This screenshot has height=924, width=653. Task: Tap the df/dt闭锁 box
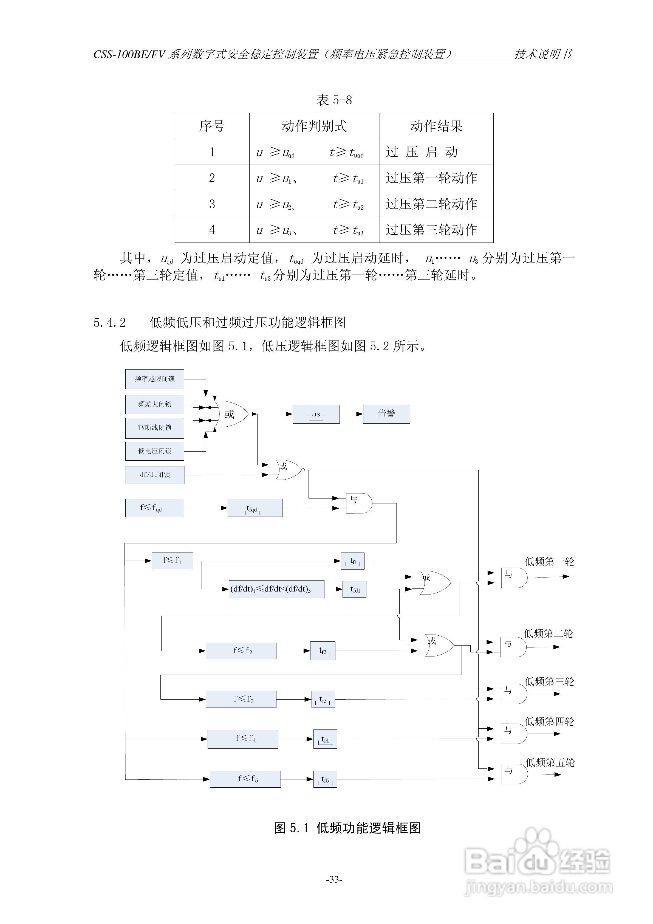[x=155, y=475]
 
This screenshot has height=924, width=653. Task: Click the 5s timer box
[x=316, y=414]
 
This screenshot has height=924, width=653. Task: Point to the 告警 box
[x=386, y=414]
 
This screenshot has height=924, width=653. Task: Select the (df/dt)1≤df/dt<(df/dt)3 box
[x=276, y=589]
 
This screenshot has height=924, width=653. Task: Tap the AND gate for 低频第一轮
[x=514, y=577]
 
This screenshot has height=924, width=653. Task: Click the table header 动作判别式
[x=314, y=126]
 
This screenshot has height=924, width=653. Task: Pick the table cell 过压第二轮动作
[x=432, y=204]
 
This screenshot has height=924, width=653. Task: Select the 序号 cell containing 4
[x=212, y=230]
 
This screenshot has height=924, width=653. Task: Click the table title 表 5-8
[x=334, y=100]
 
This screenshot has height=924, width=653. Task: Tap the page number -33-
[x=334, y=879]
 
